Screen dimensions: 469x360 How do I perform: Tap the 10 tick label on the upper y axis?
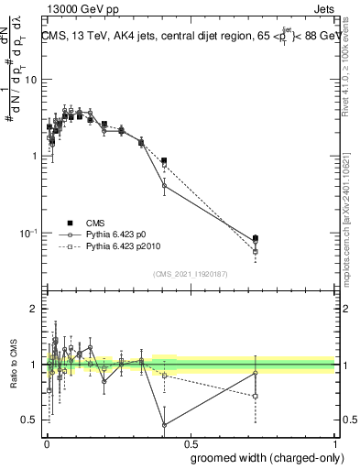click(x=30, y=79)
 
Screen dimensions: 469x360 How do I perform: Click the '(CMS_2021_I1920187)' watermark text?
click(x=190, y=274)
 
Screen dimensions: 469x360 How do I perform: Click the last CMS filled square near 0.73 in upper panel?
click(x=256, y=238)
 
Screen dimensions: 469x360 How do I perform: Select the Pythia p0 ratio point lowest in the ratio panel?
click(x=164, y=425)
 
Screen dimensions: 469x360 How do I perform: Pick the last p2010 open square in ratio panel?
click(x=256, y=396)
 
